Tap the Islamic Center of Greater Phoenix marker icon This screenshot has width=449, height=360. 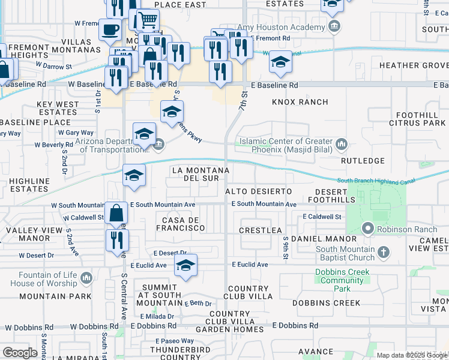click(x=342, y=143)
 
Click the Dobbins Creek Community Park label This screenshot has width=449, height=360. click(x=342, y=280)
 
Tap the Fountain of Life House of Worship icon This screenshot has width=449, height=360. click(x=87, y=278)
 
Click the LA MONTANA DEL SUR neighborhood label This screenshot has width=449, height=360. click(x=200, y=174)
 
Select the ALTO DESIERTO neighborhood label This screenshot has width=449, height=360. click(x=259, y=191)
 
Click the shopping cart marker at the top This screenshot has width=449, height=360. click(x=147, y=20)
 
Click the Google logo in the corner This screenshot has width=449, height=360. click(x=20, y=352)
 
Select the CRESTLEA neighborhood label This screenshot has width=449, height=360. click(x=260, y=230)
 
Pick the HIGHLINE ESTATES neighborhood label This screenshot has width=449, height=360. click(x=29, y=184)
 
